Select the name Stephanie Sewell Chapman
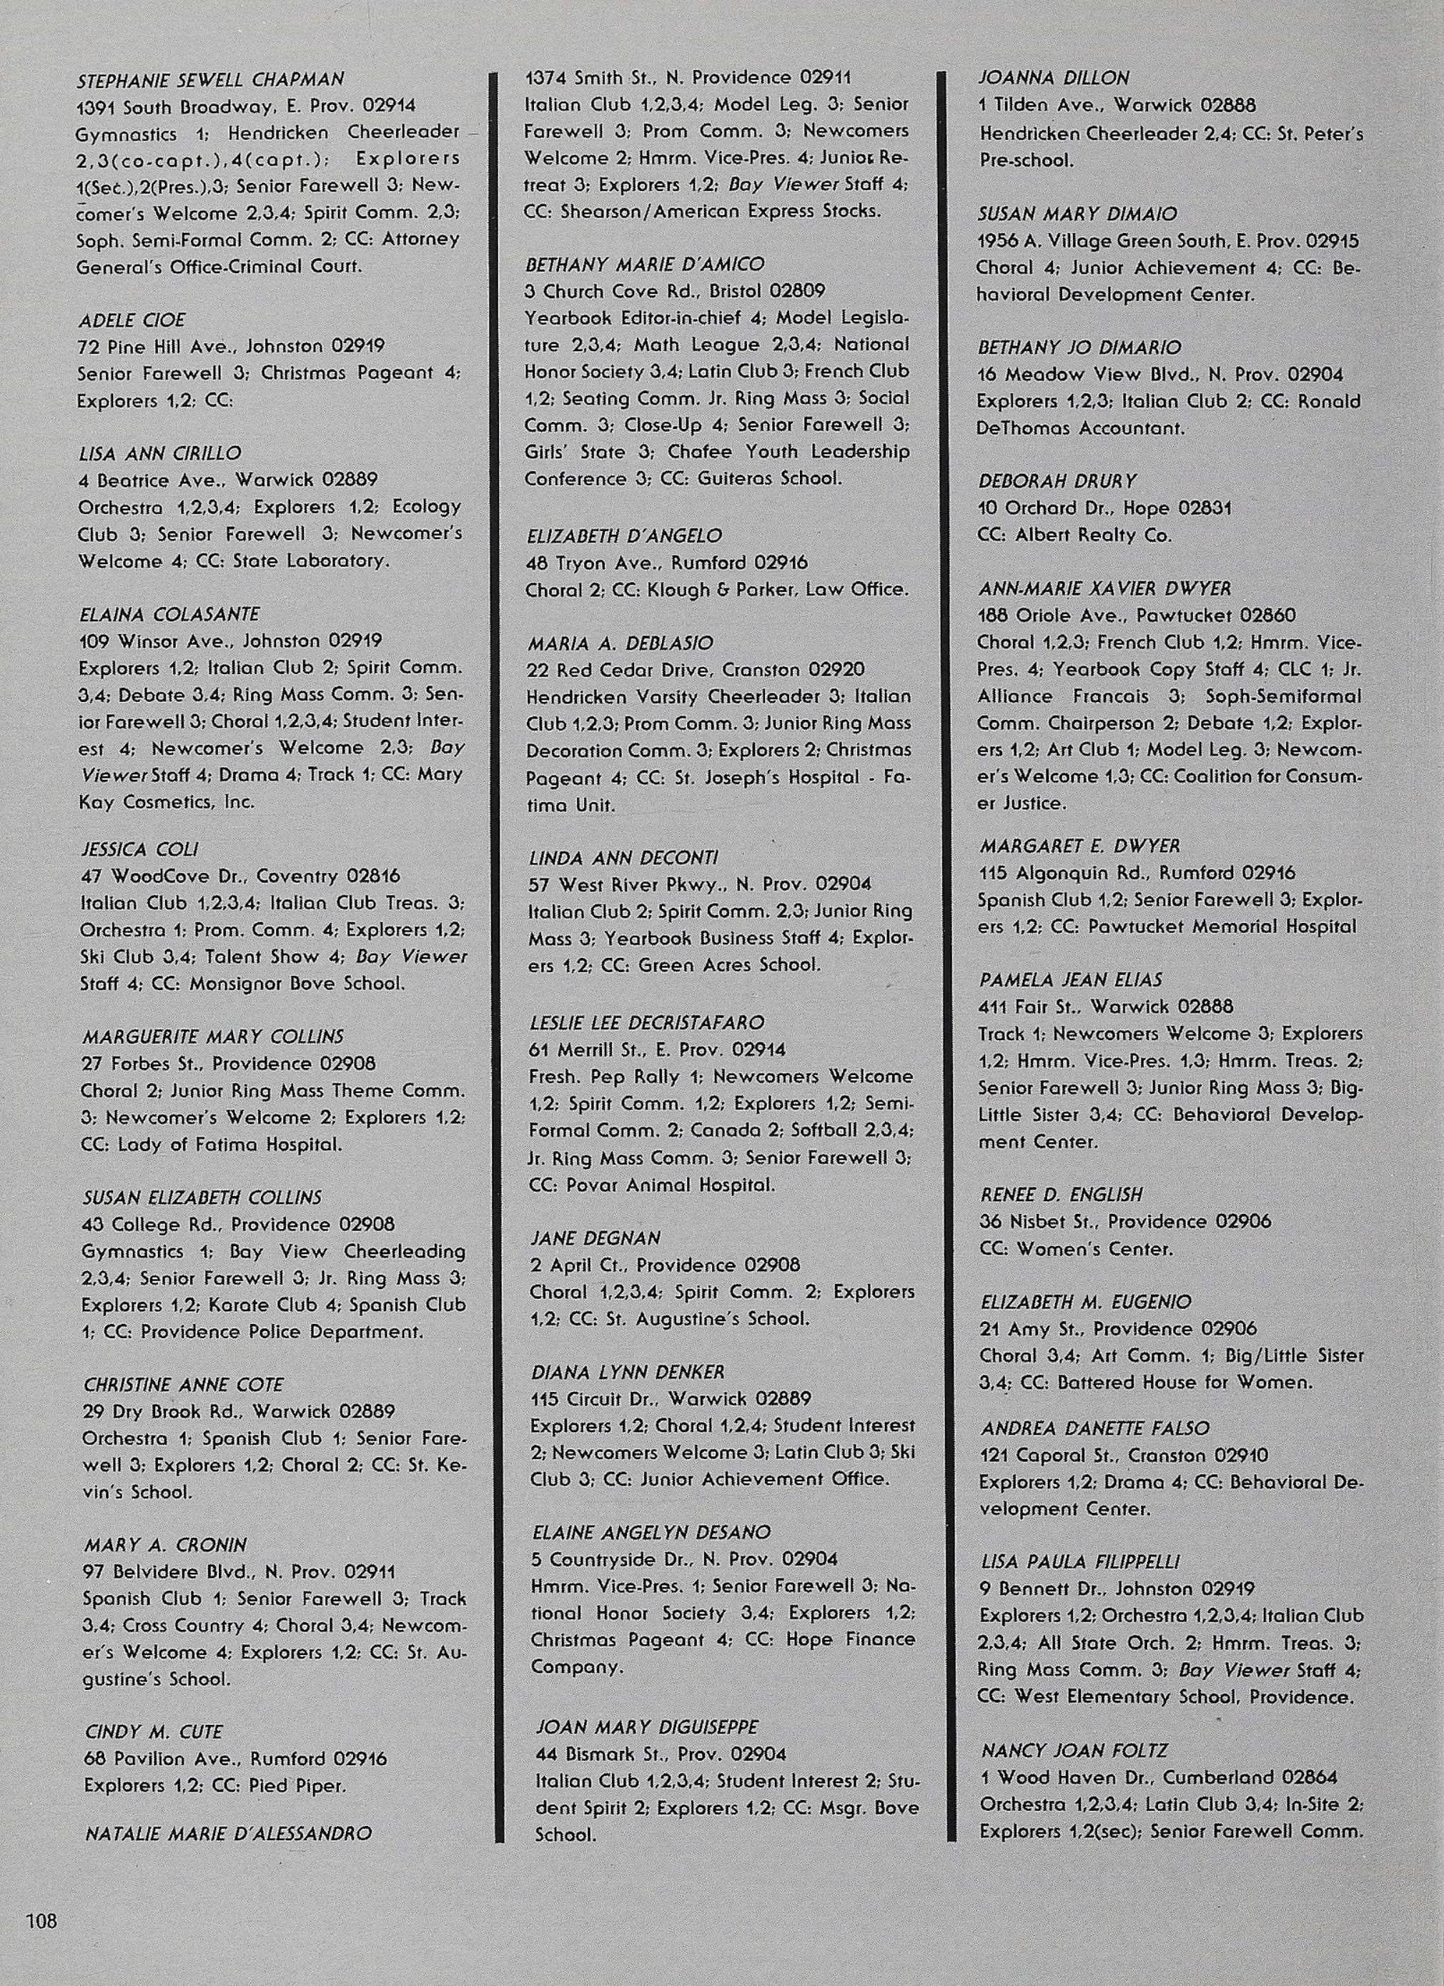[x=210, y=79]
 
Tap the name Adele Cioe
[x=132, y=320]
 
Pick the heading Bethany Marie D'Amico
[x=645, y=264]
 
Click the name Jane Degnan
[x=595, y=1238]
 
